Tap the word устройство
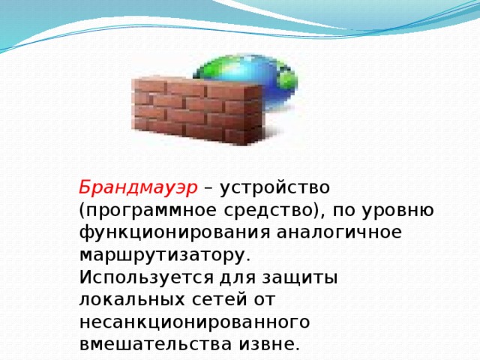(x=270, y=186)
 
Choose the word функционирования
(x=176, y=232)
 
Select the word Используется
(x=141, y=277)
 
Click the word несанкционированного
(x=194, y=322)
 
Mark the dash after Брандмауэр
(x=208, y=187)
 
